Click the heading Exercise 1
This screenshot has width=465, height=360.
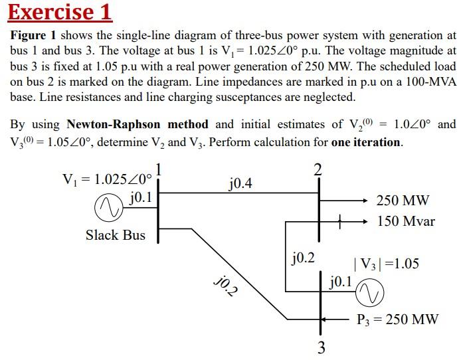coord(60,12)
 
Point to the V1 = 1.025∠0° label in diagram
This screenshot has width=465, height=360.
coord(106,179)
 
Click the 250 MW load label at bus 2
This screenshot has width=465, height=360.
coord(403,201)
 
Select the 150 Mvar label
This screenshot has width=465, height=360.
coord(406,221)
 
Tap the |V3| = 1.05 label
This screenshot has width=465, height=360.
coord(386,264)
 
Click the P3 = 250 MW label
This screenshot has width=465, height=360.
coord(397,319)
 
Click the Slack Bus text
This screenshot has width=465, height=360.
coord(115,235)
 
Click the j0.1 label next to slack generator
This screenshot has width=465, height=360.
coord(140,197)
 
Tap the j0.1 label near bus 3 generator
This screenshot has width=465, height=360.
coord(340,281)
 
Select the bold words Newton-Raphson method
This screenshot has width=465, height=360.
coord(138,124)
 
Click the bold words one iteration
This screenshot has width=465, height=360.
coord(366,142)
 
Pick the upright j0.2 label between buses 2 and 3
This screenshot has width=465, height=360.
coord(303,257)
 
